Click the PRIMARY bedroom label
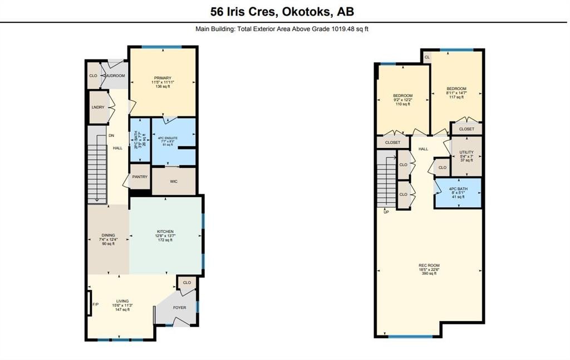coord(163,78)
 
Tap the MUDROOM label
coord(116,75)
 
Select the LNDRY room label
coord(98,108)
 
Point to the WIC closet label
coord(174,181)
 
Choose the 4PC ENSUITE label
coord(173,136)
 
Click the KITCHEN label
coord(165,231)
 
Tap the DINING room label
coord(107,235)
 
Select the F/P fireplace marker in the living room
coord(95,304)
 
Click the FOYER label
coord(180,307)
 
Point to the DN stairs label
coord(111,135)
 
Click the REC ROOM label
coord(427,265)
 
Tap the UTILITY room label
coord(466,152)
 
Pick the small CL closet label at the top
coord(427,57)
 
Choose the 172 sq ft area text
coord(165,240)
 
